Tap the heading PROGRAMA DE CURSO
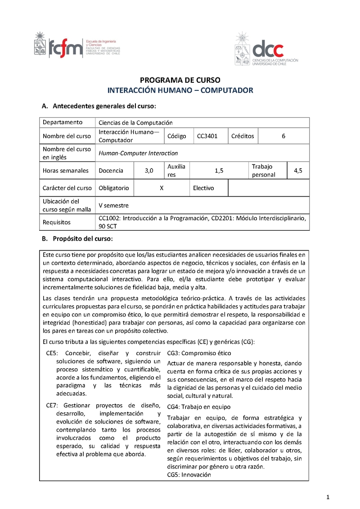pos(180,80)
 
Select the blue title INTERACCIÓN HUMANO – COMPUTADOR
pos(180,90)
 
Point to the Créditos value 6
pos(283,136)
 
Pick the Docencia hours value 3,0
pos(149,170)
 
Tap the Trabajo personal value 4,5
pos(298,170)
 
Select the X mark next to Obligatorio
pos(161,188)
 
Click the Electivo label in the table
pos(203,188)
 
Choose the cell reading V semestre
pos(113,205)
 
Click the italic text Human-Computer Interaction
pos(138,153)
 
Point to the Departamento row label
pos(63,122)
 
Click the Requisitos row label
pos(57,222)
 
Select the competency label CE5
pos(53,353)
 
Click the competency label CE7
pos(53,405)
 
